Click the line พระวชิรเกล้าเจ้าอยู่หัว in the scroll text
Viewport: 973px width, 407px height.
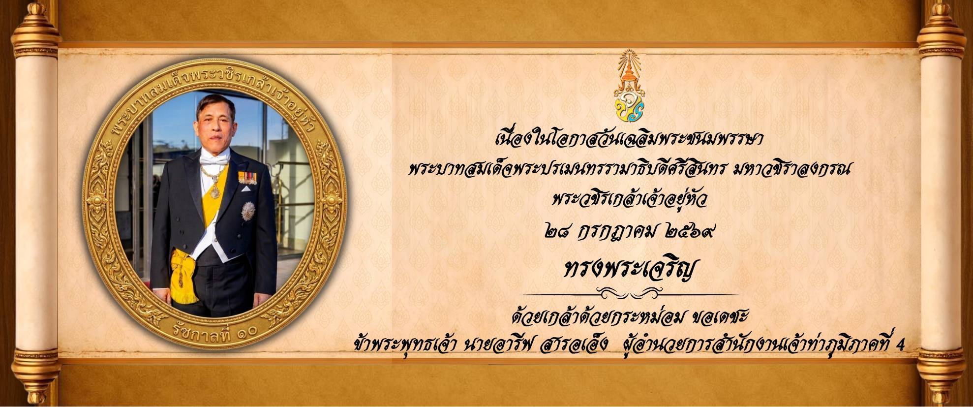click(631, 202)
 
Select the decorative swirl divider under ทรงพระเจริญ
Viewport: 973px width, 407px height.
click(630, 294)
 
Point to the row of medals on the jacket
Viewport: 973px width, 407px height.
click(247, 178)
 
